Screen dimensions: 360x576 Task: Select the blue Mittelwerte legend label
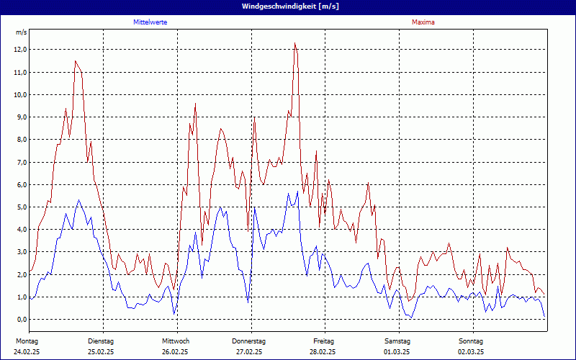click(150, 22)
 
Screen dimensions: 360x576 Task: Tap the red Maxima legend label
click(423, 22)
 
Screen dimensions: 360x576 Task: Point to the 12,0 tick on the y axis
click(20, 50)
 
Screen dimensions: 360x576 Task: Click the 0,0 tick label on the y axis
click(20, 320)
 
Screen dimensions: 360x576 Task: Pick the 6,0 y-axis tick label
click(20, 185)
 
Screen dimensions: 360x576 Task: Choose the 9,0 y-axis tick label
click(20, 117)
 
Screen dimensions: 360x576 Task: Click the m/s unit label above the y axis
click(21, 33)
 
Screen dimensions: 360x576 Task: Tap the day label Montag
click(27, 341)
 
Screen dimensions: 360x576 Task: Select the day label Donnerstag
click(249, 341)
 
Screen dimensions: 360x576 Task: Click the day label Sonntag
click(471, 341)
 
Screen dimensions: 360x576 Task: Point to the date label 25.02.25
click(101, 352)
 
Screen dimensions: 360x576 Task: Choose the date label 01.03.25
click(397, 352)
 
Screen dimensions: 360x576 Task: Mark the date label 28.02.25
click(323, 352)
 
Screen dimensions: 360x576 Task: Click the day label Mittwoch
click(175, 341)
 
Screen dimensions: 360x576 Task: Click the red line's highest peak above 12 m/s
click(294, 43)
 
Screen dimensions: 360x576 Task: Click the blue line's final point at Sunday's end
click(544, 318)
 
